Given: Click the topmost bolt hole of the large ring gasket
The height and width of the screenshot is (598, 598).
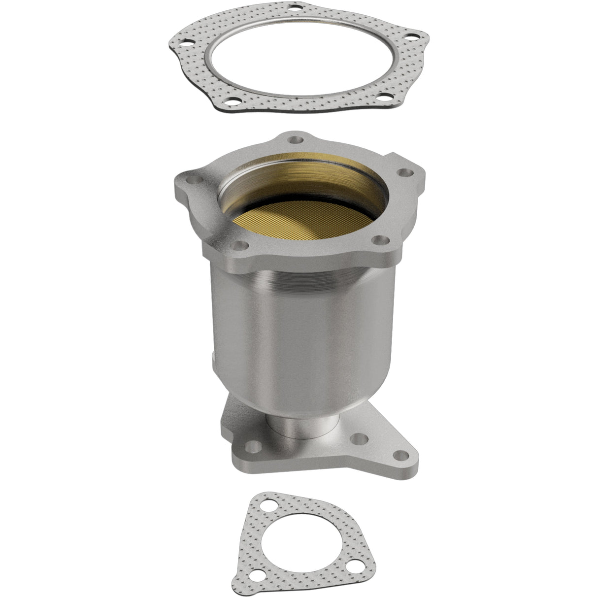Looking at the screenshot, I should click(x=295, y=8).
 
